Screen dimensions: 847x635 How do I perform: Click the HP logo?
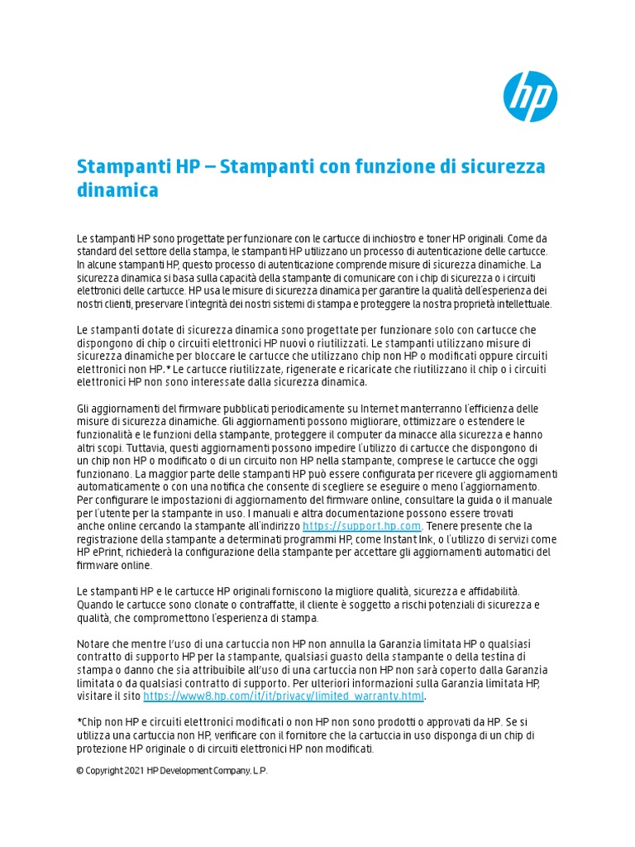coord(530,96)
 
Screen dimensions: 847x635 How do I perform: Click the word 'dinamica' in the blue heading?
coord(117,191)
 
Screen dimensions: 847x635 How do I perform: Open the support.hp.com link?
coord(362,526)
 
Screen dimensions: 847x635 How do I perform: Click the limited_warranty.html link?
coord(284,696)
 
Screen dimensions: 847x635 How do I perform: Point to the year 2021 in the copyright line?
coord(134,771)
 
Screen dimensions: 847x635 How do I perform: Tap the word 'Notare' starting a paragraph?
coord(93,644)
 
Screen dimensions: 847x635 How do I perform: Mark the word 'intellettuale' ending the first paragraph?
coord(524,304)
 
